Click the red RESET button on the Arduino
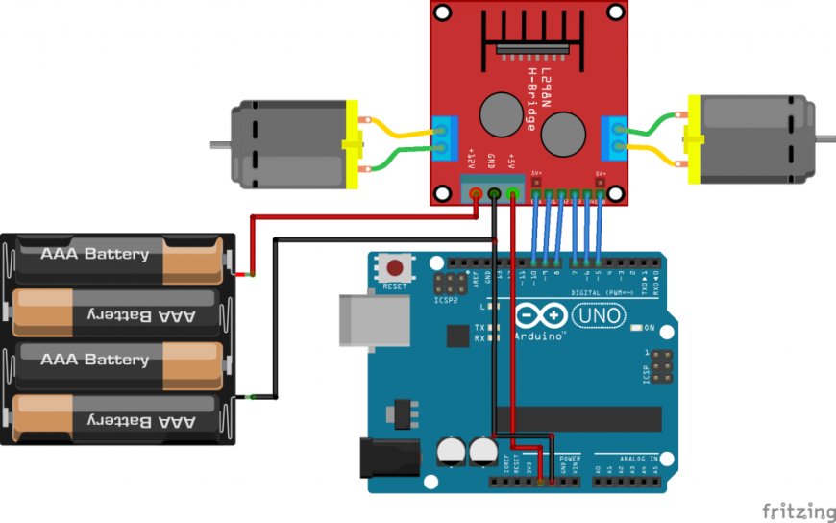(393, 267)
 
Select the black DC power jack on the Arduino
(389, 459)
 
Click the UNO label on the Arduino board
(598, 314)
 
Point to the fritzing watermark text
(798, 511)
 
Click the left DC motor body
(288, 144)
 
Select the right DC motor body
(750, 139)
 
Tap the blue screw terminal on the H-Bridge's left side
(443, 137)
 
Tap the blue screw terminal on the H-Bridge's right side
(612, 137)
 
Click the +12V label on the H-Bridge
(471, 160)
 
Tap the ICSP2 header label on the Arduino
(446, 299)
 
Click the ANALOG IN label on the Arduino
(638, 458)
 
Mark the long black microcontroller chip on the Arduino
(577, 419)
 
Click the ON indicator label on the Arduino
(649, 328)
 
